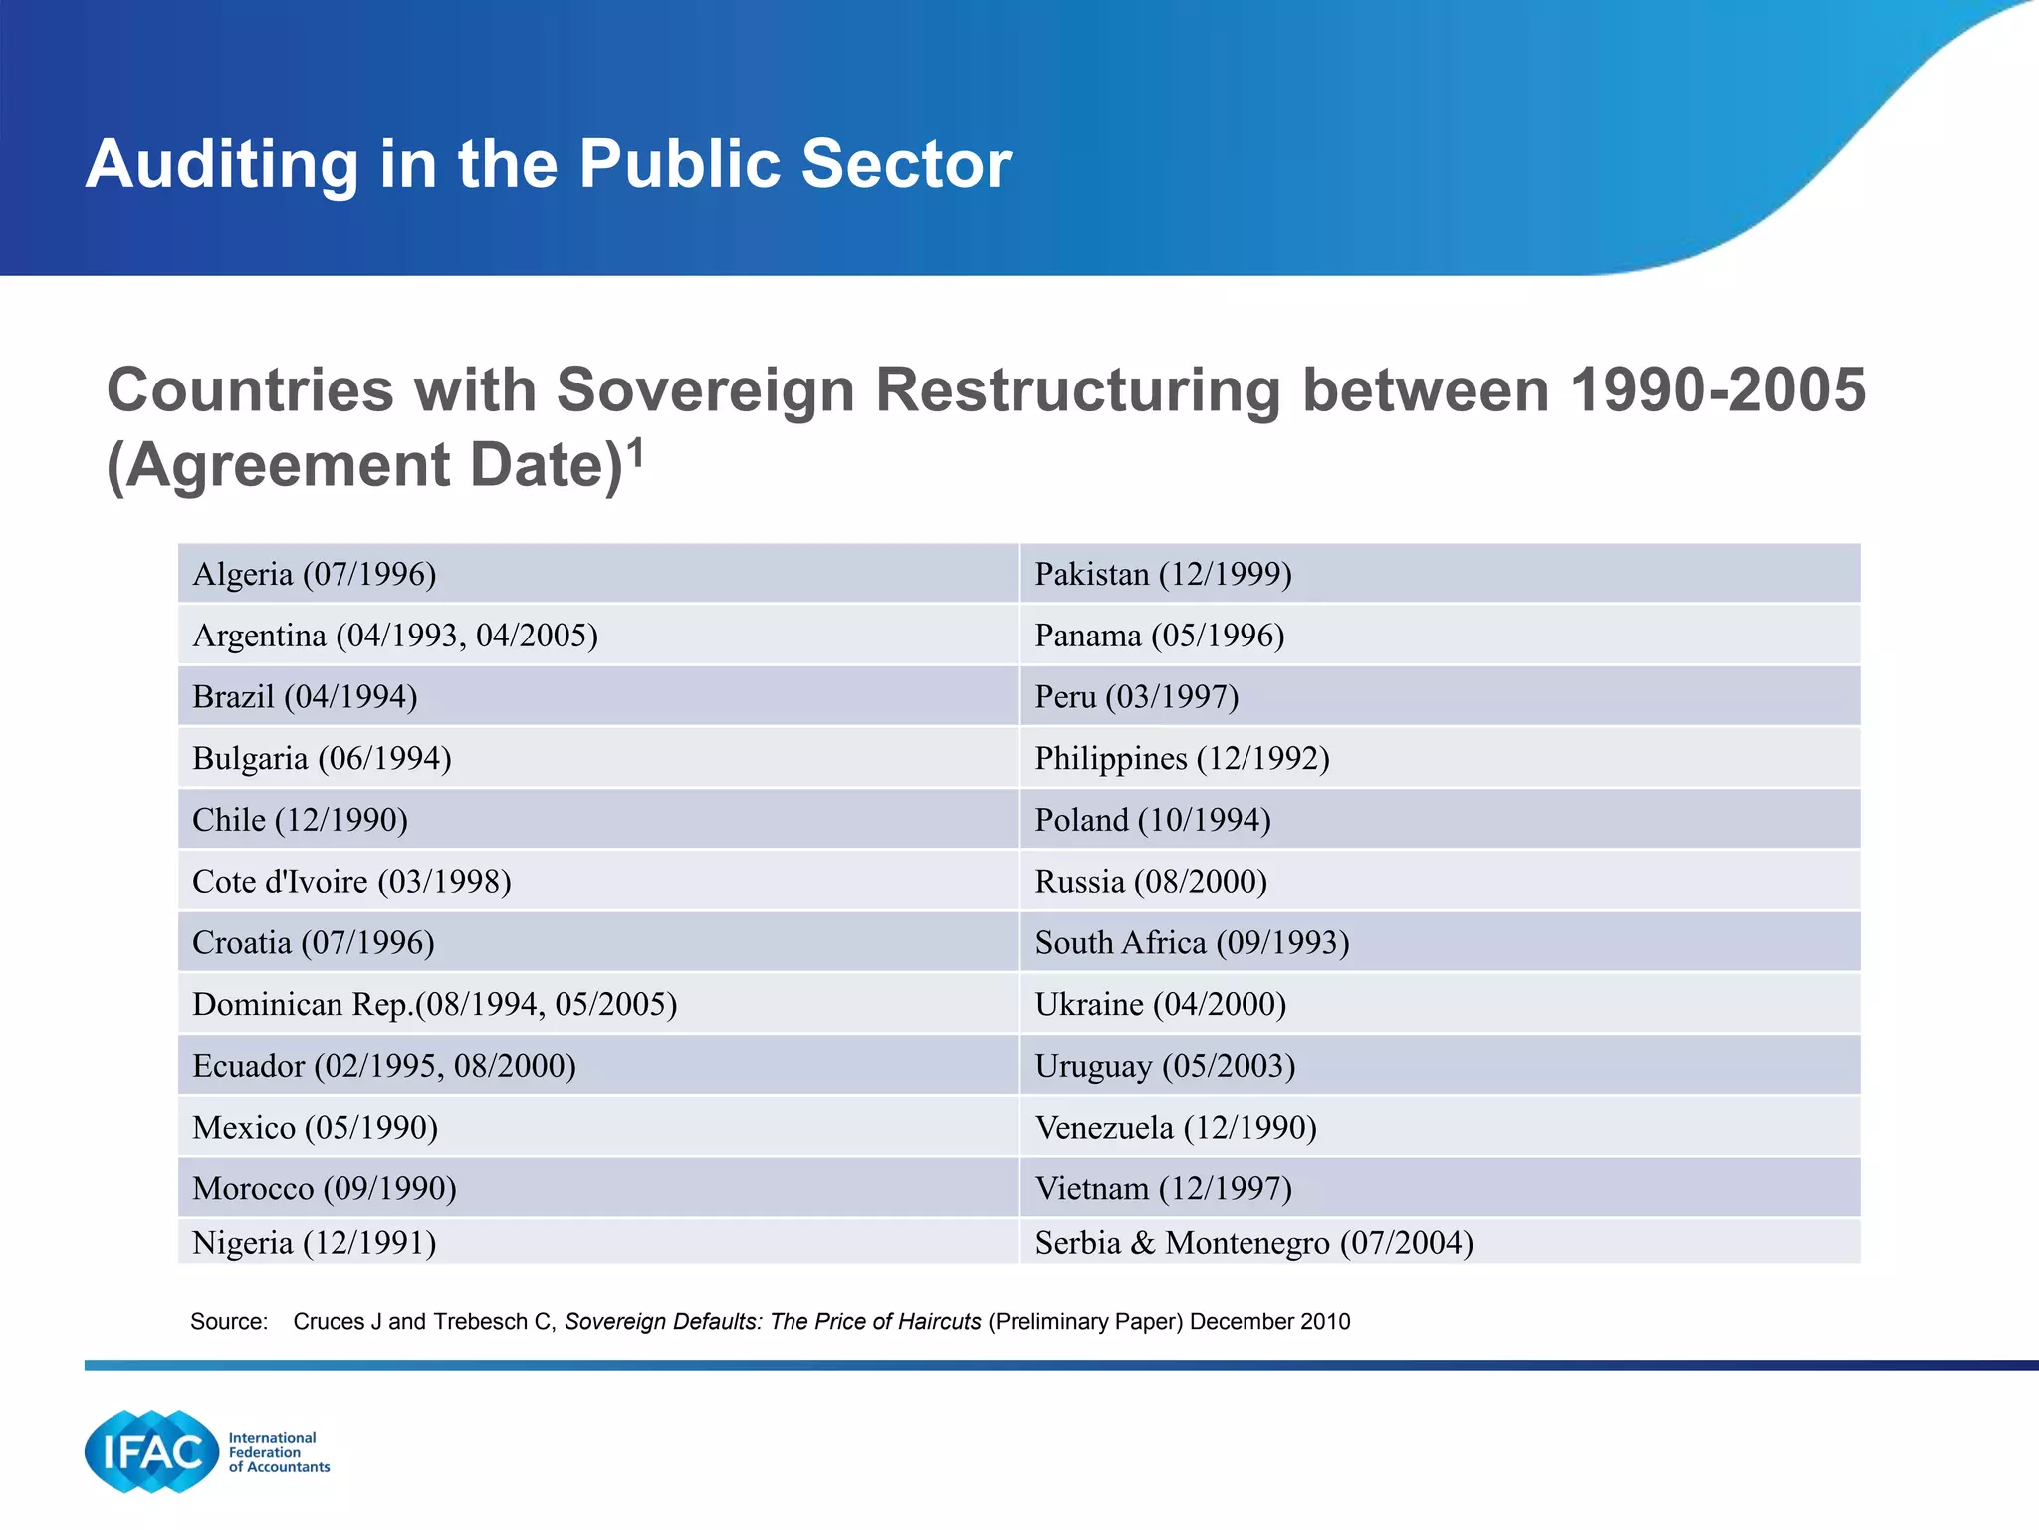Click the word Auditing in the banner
[x=221, y=164]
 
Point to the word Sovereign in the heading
[x=705, y=389]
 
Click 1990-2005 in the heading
[x=1716, y=389]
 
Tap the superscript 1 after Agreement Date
[x=636, y=453]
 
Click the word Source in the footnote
[x=228, y=1322]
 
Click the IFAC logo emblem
[x=151, y=1451]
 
